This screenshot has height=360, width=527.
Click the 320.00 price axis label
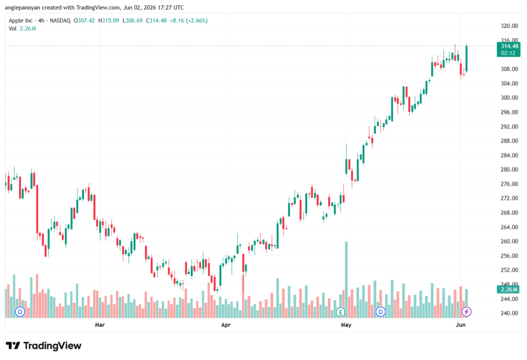(509, 26)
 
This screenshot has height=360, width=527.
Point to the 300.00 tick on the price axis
(509, 98)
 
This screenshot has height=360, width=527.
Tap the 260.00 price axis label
(509, 241)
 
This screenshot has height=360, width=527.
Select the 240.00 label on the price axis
(509, 313)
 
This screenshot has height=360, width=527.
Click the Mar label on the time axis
(100, 324)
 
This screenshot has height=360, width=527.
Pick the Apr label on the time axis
(226, 324)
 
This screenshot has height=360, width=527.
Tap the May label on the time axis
(346, 324)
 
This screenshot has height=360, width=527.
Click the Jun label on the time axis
(461, 324)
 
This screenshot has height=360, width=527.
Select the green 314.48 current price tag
(508, 49)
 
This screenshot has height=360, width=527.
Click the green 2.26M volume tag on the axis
(508, 289)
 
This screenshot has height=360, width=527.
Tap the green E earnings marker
(341, 312)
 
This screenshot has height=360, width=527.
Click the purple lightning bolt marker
(466, 312)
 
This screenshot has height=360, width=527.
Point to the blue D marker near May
(380, 312)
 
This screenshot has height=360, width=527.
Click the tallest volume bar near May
(346, 279)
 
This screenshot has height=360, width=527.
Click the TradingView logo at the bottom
(44, 346)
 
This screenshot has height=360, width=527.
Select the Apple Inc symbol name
(21, 21)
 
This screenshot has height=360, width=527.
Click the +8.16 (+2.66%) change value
(188, 21)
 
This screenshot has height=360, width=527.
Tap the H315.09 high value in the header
(109, 21)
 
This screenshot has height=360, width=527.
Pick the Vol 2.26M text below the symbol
(22, 29)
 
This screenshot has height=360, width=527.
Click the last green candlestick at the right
(466, 59)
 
